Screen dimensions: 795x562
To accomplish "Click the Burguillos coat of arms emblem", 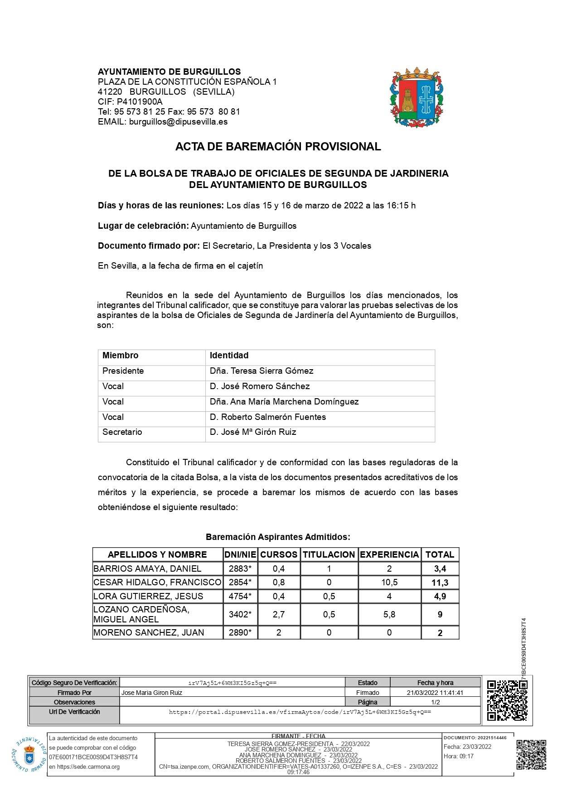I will pyautogui.click(x=417, y=97).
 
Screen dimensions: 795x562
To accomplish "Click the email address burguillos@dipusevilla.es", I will pyautogui.click(x=178, y=122).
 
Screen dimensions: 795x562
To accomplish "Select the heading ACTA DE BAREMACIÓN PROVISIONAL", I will pyautogui.click(x=278, y=146).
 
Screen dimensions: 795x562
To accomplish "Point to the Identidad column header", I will pyautogui.click(x=229, y=356).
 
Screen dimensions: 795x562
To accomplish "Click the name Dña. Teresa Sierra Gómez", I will pyautogui.click(x=262, y=371).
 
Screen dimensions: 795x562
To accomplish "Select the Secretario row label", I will pyautogui.click(x=122, y=432).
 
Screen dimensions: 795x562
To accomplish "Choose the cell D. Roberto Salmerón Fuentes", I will pyautogui.click(x=267, y=417).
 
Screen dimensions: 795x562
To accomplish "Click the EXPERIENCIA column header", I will pyautogui.click(x=389, y=554).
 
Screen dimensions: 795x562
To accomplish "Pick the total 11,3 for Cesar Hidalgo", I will pyautogui.click(x=440, y=583).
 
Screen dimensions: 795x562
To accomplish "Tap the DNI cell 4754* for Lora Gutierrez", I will pyautogui.click(x=240, y=596).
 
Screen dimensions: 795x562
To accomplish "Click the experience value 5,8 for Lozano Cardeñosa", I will pyautogui.click(x=389, y=615).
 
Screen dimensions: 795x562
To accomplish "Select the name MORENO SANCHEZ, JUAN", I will pyautogui.click(x=149, y=632).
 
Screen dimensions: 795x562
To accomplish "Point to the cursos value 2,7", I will pyautogui.click(x=278, y=615).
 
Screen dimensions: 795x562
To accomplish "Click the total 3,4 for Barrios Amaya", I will pyautogui.click(x=440, y=569).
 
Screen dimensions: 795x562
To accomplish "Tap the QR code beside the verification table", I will pyautogui.click(x=507, y=700).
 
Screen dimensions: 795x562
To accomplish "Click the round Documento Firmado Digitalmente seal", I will pyautogui.click(x=29, y=754).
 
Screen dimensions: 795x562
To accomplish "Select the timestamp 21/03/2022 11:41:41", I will pyautogui.click(x=435, y=693).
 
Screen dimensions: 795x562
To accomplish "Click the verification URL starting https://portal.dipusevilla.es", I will pyautogui.click(x=300, y=712).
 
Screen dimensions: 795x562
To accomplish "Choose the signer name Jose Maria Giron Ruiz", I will pyautogui.click(x=152, y=693).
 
